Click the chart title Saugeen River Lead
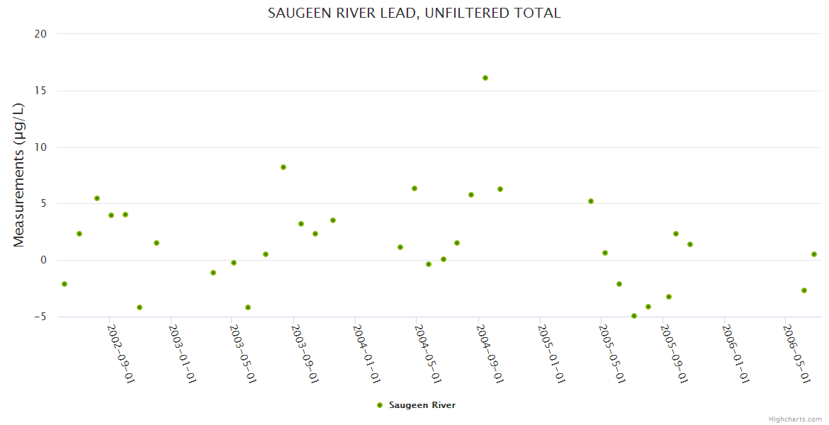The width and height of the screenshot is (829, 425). [414, 13]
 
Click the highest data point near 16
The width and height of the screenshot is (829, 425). [485, 78]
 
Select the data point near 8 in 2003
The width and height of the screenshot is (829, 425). [283, 167]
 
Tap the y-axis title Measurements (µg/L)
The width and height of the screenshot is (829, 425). [19, 175]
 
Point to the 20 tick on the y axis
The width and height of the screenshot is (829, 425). [40, 34]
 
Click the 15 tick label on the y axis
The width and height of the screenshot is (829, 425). [40, 91]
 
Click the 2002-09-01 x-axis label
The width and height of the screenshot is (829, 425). [120, 353]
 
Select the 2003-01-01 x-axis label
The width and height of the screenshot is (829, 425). [182, 353]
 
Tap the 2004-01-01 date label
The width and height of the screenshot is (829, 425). [367, 353]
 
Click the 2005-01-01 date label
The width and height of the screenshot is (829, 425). [551, 353]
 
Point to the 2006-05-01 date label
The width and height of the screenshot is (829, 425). [797, 353]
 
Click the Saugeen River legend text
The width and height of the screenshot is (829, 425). [422, 405]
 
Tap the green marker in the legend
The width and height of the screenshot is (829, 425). [380, 405]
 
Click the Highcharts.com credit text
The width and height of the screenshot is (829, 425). [795, 419]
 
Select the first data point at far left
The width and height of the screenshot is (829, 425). [64, 284]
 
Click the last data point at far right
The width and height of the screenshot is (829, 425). [814, 254]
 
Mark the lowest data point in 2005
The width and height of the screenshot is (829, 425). [634, 316]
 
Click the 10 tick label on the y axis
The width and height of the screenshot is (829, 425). [40, 147]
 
